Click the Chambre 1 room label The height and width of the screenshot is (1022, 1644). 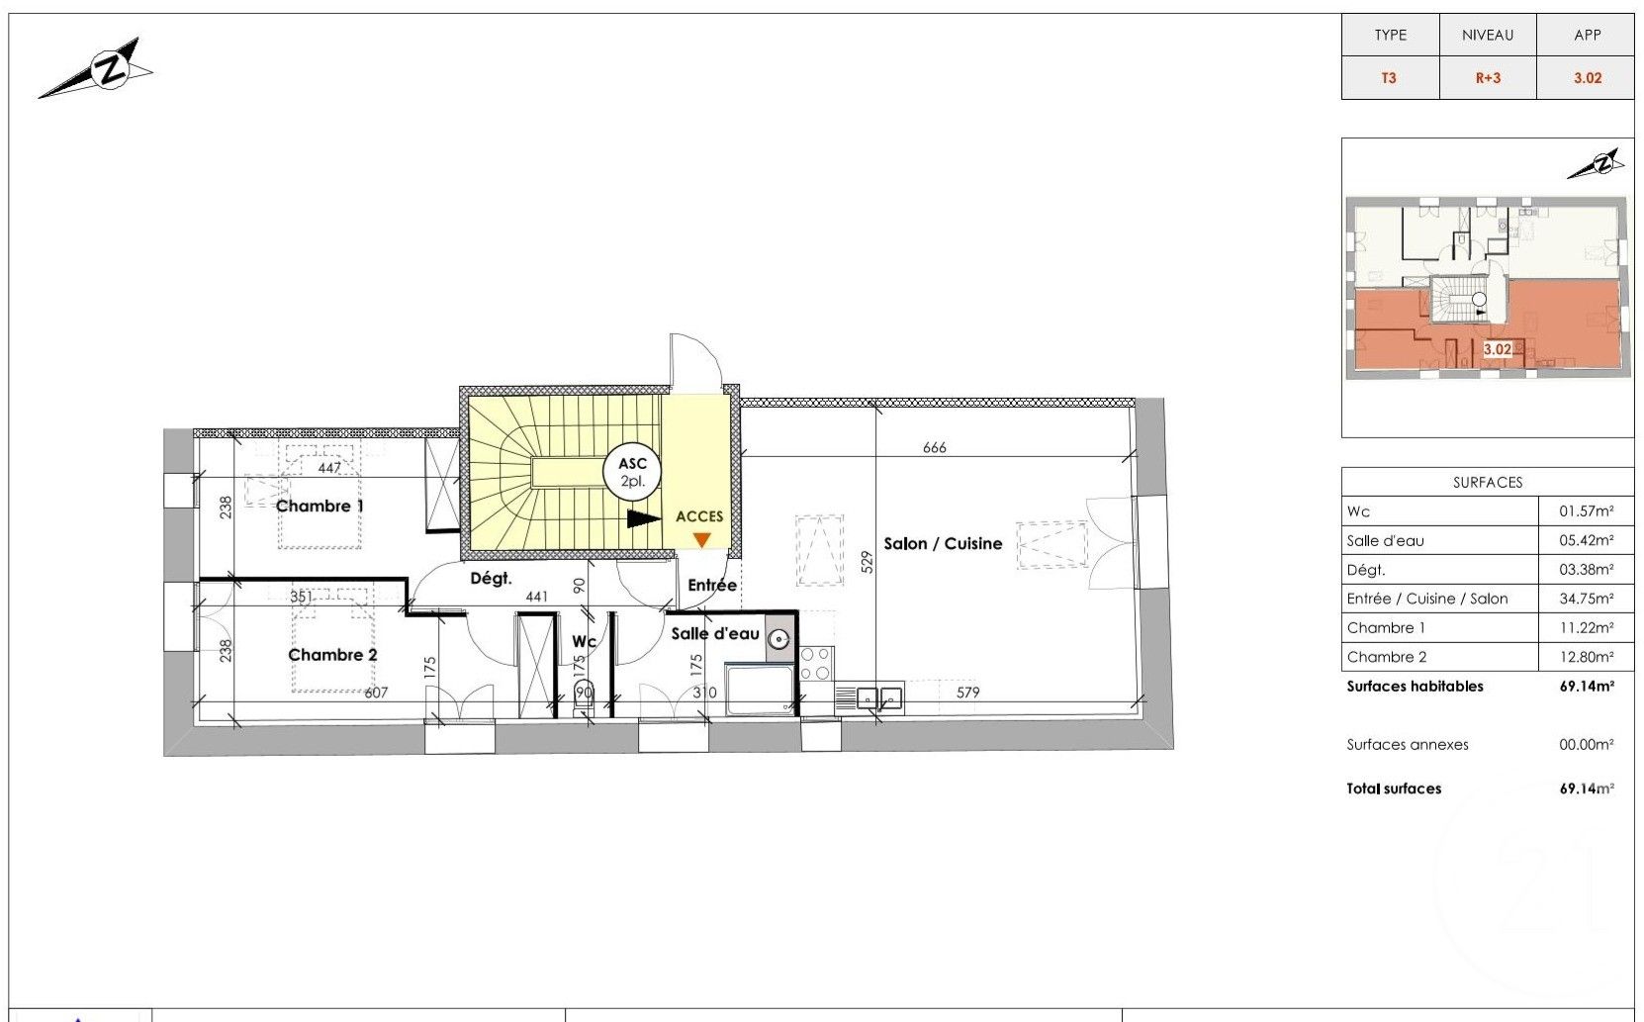tap(320, 506)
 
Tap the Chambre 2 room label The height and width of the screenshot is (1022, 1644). tap(332, 655)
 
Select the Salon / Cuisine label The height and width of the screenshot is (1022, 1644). tap(943, 543)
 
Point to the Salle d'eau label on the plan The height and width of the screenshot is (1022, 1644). tap(715, 633)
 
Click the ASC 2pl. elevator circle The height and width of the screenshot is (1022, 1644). tap(632, 472)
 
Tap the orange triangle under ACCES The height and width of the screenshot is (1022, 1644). tap(702, 539)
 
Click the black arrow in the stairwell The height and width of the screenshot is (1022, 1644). tap(644, 518)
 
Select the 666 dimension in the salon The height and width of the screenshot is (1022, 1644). tap(935, 447)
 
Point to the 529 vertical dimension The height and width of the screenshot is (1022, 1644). tap(867, 562)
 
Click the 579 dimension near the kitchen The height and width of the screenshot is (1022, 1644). tap(967, 692)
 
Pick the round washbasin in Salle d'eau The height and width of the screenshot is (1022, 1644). tap(777, 639)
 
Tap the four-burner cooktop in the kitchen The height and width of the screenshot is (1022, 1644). tap(815, 663)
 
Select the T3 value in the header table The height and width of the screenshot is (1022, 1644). tap(1389, 78)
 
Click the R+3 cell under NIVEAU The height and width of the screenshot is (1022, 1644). tap(1488, 78)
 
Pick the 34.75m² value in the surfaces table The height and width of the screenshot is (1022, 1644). tap(1586, 599)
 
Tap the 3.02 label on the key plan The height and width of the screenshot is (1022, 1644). tap(1498, 349)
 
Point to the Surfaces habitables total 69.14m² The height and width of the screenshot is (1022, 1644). tap(1586, 687)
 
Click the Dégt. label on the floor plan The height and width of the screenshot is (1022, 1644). tap(491, 579)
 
